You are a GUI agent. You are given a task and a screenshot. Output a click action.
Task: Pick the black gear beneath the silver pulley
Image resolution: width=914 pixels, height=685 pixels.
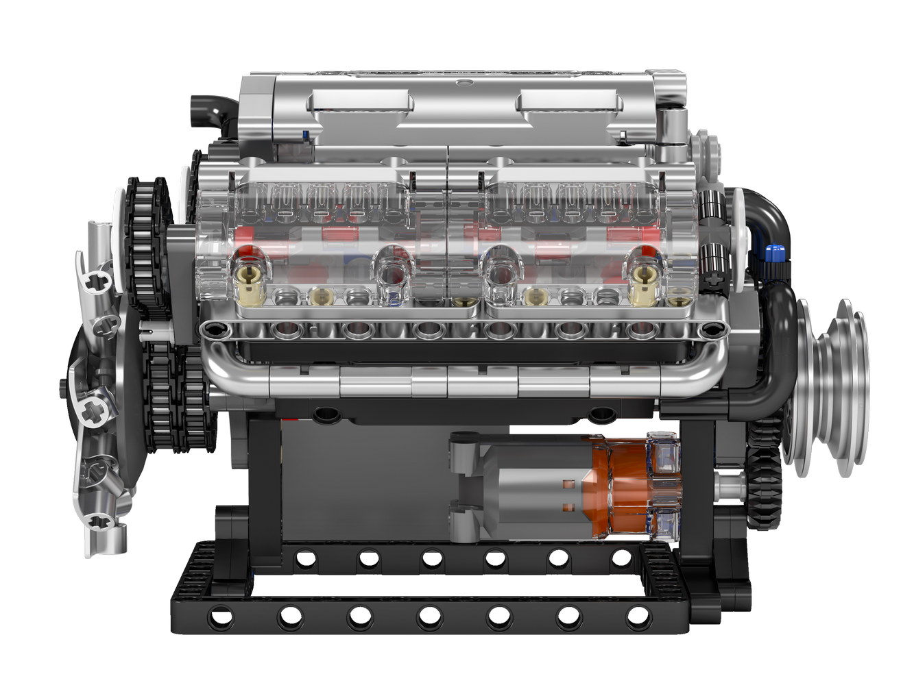point(765,473)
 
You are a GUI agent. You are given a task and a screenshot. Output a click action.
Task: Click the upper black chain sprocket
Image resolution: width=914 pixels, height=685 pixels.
point(147,240)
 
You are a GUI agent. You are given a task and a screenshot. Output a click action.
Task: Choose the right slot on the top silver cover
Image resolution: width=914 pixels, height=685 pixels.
point(568,102)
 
